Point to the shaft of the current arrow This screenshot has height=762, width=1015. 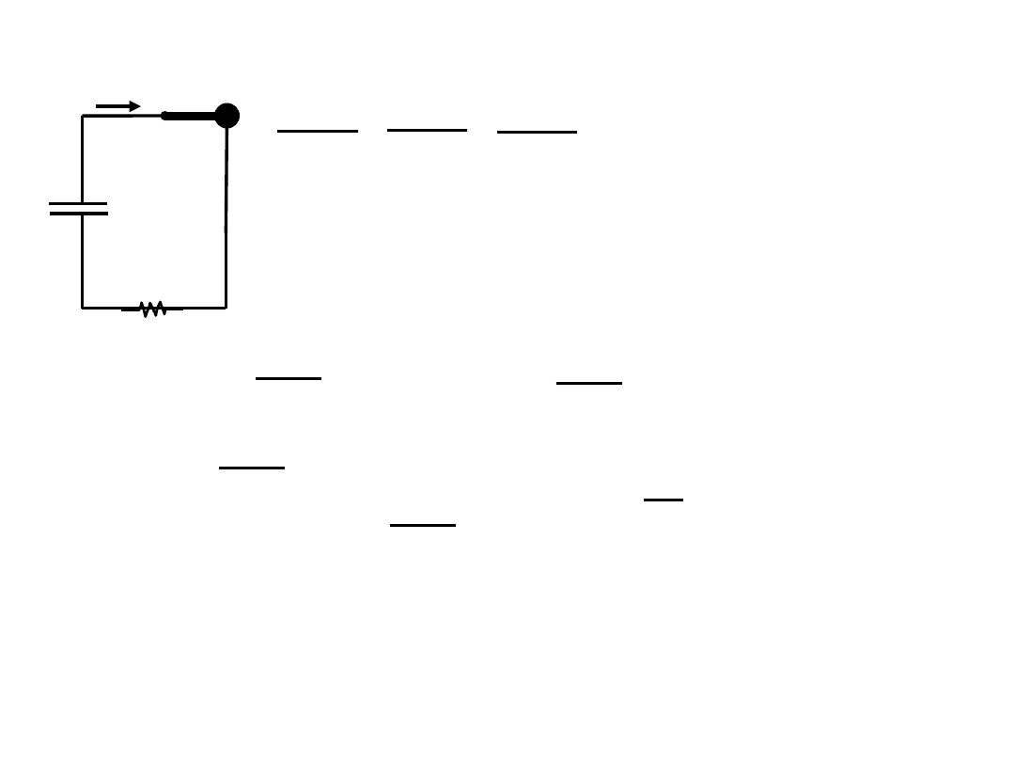point(112,106)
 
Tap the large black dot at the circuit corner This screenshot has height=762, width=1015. point(226,116)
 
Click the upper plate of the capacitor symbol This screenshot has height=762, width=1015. point(78,203)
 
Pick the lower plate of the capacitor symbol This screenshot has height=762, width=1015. point(78,214)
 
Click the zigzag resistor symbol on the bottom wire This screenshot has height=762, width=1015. point(152,308)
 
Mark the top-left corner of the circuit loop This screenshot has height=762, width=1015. point(83,116)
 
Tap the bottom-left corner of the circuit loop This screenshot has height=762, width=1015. point(83,307)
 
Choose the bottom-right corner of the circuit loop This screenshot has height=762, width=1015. point(226,307)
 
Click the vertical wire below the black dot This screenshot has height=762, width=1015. point(226,216)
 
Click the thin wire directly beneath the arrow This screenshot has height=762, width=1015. point(122,116)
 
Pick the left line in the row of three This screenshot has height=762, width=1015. point(318,132)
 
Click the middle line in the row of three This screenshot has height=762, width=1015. point(427,130)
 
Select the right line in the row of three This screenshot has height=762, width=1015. point(537,133)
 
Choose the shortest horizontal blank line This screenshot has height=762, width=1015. point(663,500)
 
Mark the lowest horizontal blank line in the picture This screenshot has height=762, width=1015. point(422,525)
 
